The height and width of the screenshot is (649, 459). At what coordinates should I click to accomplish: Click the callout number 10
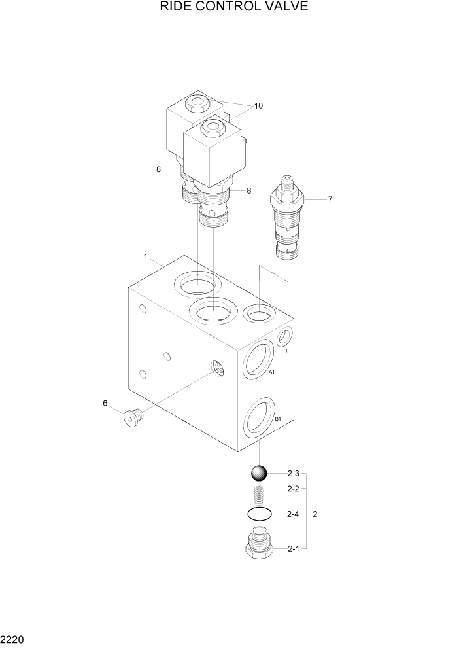[258, 105]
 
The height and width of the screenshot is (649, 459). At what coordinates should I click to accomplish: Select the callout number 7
[330, 198]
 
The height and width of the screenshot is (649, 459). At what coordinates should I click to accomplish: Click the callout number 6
[105, 403]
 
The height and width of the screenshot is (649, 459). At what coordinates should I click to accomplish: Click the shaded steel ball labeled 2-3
[259, 472]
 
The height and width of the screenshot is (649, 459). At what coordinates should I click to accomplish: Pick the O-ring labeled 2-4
[259, 514]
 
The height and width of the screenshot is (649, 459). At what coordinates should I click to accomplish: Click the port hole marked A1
[258, 359]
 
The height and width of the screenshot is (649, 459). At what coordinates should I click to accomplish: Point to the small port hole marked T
[285, 338]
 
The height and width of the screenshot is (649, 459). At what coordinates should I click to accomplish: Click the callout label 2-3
[293, 473]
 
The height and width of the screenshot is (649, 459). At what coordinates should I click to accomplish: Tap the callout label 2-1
[293, 549]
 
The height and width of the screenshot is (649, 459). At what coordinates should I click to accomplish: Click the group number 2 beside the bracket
[315, 514]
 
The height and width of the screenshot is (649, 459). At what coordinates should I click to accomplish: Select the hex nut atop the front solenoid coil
[211, 126]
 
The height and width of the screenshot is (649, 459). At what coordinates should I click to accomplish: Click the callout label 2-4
[293, 514]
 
